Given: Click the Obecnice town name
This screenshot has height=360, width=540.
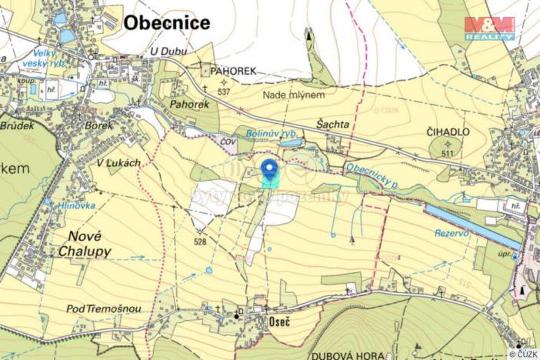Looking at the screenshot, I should pos(166,23).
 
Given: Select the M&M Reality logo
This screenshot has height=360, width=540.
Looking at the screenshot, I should pos(489,28).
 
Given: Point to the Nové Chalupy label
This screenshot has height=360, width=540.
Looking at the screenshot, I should pos(85,244).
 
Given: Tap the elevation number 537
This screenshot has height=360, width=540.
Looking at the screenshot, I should pos(224,92).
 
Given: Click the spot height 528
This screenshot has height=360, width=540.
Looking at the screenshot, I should pos(200,242).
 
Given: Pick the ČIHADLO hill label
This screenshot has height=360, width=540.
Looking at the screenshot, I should pos(448,132).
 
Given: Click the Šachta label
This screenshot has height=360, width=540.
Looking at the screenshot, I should pos(333,123).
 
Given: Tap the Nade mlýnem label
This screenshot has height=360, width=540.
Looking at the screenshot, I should pos(294,95).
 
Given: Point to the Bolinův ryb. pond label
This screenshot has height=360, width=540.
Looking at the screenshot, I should pos(271,133).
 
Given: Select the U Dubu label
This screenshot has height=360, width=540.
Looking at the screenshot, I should pos(169,52).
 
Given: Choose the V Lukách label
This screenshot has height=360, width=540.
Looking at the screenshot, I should pos(119,163).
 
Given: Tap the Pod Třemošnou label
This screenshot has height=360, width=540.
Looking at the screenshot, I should pos(103,308).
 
